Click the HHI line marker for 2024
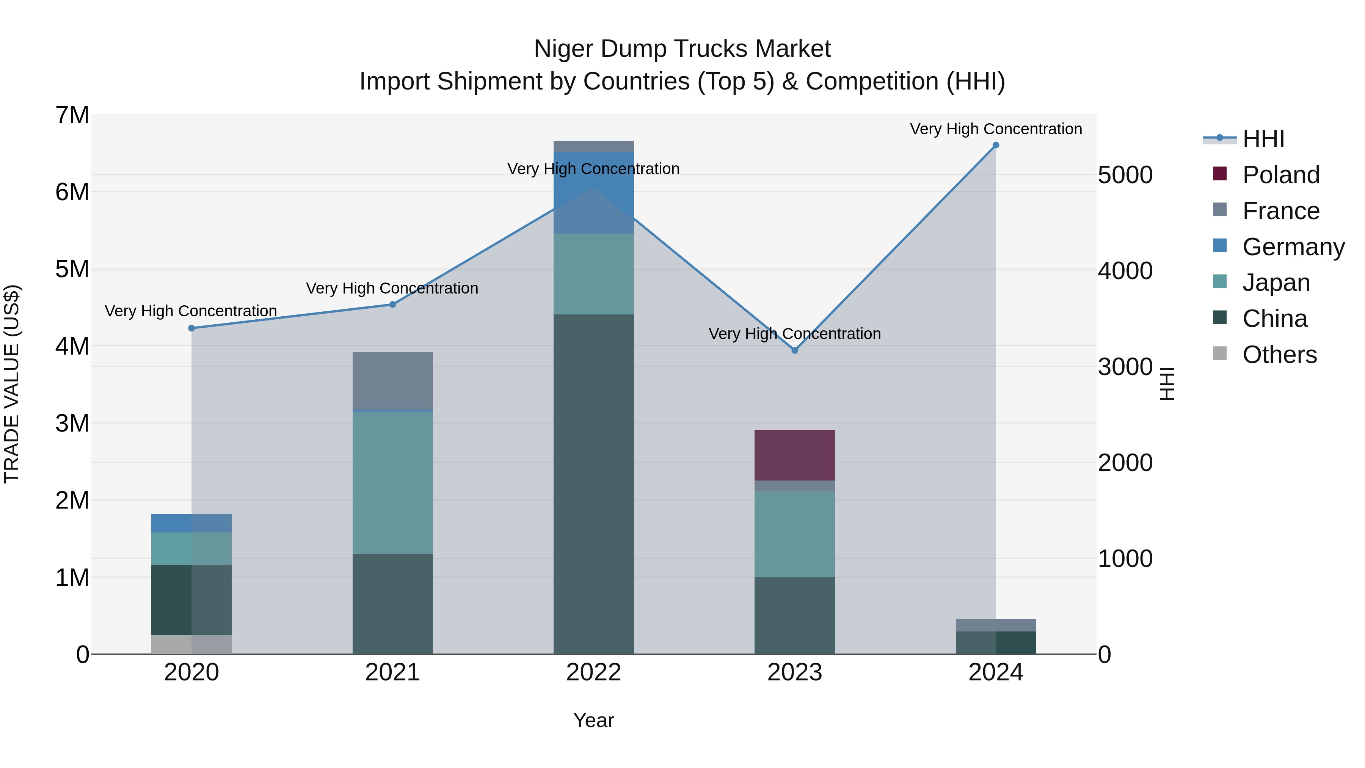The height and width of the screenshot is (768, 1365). [996, 145]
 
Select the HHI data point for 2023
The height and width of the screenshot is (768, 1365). [795, 350]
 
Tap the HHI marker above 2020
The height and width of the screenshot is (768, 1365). [192, 328]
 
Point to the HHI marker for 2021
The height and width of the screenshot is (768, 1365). [393, 304]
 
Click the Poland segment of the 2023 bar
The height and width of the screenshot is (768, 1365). [794, 455]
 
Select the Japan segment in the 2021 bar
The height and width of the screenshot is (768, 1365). [393, 482]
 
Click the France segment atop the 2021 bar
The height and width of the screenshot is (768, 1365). [393, 380]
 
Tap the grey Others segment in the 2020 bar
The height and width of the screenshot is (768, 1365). [191, 644]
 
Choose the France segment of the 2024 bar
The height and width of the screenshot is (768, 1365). [996, 625]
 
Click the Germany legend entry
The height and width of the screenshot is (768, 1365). [1293, 247]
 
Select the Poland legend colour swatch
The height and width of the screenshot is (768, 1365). [1220, 174]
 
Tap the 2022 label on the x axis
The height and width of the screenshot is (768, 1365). [593, 672]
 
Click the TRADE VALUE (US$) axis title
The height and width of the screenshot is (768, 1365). [12, 384]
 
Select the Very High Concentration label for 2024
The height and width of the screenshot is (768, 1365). [996, 129]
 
